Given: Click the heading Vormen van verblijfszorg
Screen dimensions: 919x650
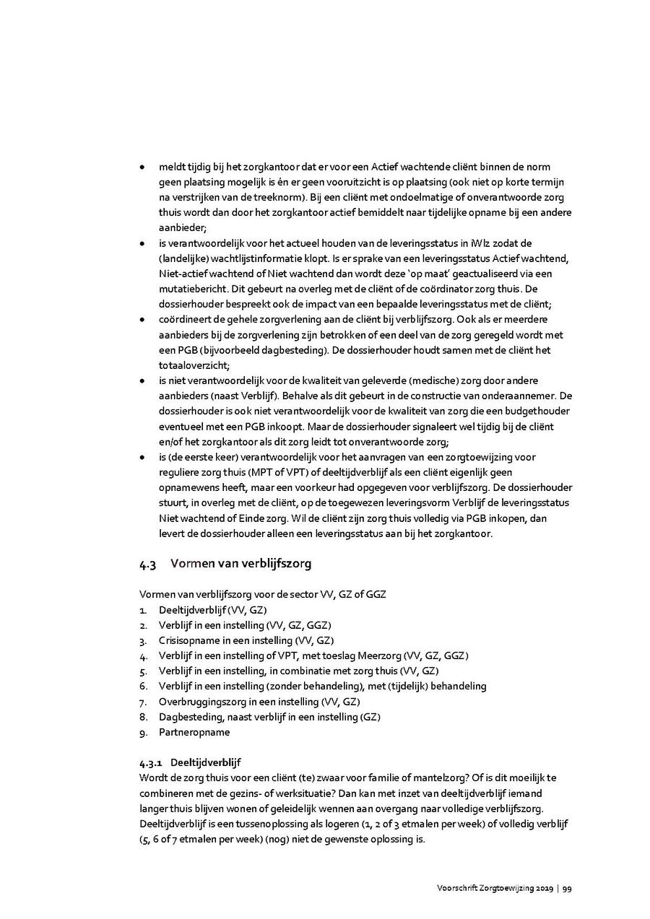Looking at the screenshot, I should pyautogui.click(x=240, y=564).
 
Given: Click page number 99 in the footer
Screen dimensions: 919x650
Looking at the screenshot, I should pyautogui.click(x=568, y=889).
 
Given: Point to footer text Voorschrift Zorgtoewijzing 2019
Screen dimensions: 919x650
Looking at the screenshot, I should pyautogui.click(x=494, y=889).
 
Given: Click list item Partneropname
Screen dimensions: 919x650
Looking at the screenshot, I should pyautogui.click(x=194, y=732).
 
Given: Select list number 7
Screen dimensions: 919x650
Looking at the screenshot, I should pyautogui.click(x=143, y=702).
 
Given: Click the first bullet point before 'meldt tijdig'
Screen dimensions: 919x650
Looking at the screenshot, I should pyautogui.click(x=142, y=167).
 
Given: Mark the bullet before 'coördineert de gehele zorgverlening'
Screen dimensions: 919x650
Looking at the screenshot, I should pyautogui.click(x=142, y=320).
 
